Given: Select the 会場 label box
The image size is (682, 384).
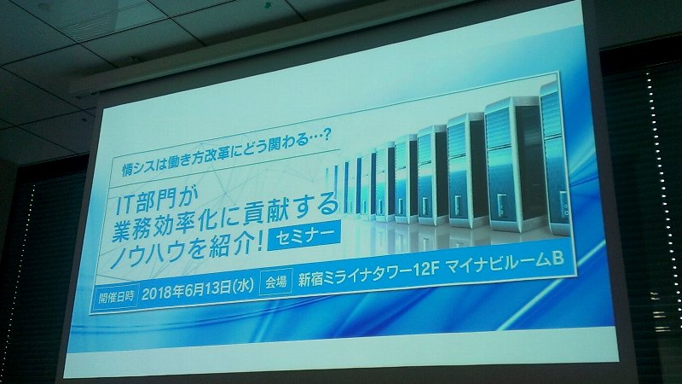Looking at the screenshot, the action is pyautogui.click(x=275, y=282).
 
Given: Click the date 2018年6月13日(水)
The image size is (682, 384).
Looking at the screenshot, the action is pyautogui.click(x=198, y=290).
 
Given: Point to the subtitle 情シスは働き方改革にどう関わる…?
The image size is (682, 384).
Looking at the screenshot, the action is pyautogui.click(x=226, y=154).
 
